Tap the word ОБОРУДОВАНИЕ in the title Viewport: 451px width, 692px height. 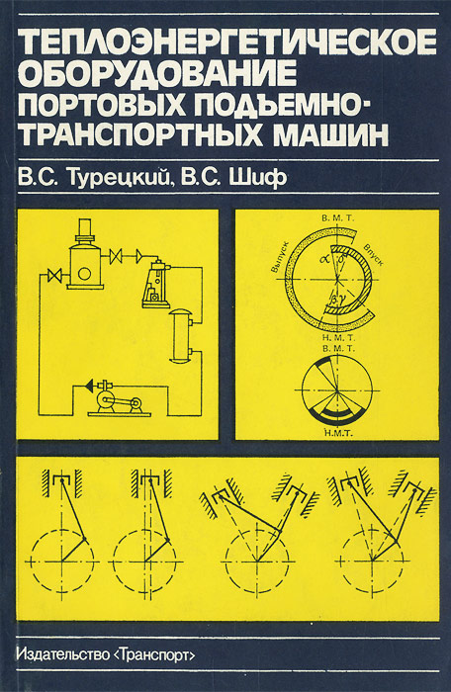pyautogui.click(x=157, y=73)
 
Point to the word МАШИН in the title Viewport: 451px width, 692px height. pyautogui.click(x=330, y=132)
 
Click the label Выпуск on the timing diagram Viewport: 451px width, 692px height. pyautogui.click(x=279, y=257)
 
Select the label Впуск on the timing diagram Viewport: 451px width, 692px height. pyautogui.click(x=373, y=255)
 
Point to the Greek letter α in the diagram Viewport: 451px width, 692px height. pyautogui.click(x=326, y=259)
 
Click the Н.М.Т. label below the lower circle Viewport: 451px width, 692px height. pyautogui.click(x=338, y=433)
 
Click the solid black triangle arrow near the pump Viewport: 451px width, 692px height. pyautogui.click(x=89, y=386)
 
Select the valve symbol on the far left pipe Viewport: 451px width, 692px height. pyautogui.click(x=54, y=275)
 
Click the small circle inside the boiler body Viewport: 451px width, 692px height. pyautogui.click(x=84, y=274)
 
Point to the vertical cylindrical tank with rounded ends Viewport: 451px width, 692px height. pyautogui.click(x=181, y=336)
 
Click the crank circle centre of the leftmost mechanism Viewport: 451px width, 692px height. pyautogui.click(x=61, y=562)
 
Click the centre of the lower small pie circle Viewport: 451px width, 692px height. pyautogui.click(x=336, y=390)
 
